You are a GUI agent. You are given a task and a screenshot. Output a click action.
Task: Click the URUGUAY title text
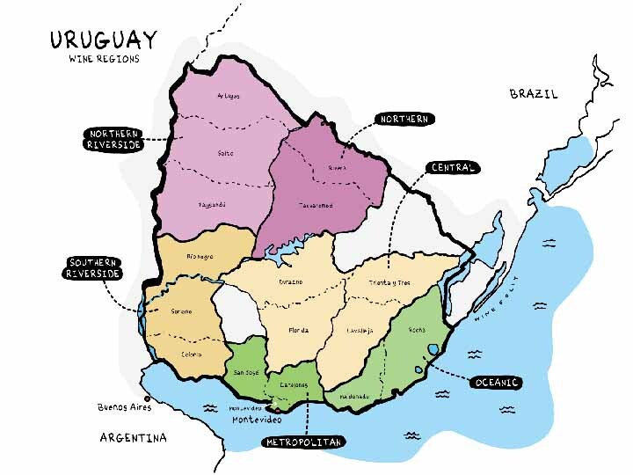pos(104,40)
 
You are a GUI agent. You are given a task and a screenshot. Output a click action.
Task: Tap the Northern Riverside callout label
pos(113,139)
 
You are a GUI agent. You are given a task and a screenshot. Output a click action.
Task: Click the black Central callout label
pos(453,167)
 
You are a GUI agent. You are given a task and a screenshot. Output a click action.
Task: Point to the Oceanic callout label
pos(497,383)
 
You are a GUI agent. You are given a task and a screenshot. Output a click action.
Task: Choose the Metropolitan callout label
pos(303,442)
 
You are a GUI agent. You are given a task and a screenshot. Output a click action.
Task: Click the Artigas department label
pos(229,95)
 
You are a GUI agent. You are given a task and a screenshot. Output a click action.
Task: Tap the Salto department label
pos(226,153)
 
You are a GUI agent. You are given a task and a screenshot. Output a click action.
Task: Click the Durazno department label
pos(291,281)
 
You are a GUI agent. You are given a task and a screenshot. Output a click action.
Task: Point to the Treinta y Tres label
pos(390,282)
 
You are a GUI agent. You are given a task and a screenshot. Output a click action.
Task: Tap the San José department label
pos(245,372)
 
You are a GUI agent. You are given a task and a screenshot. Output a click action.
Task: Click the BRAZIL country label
pos(534,93)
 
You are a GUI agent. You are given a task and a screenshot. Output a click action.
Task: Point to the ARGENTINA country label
pos(134,437)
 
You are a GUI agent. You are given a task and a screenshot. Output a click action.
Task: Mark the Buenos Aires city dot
pos(135,398)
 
